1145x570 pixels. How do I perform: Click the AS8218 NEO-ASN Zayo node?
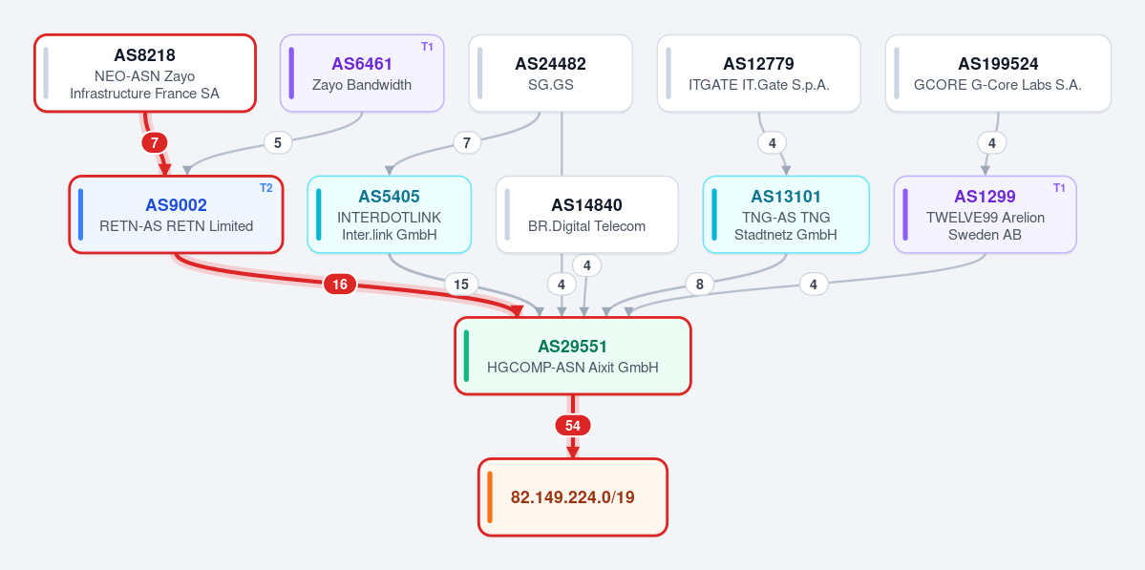pos(145,73)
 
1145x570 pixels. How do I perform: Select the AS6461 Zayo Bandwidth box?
pos(362,73)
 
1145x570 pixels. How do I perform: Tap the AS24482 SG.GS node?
pos(550,73)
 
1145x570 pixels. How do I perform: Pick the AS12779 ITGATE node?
pos(758,73)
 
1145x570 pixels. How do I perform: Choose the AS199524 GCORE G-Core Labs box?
pos(998,73)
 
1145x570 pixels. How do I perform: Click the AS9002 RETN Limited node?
pos(176,215)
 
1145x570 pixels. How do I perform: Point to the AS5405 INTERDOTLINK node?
pos(390,215)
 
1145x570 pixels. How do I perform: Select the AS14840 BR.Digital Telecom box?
pos(587,215)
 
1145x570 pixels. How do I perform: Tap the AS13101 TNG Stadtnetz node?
pos(787,215)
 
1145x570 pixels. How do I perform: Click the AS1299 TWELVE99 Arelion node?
pos(986,215)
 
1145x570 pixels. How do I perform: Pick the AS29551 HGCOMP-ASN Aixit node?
pos(573,356)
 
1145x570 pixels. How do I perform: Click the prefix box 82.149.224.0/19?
pos(573,497)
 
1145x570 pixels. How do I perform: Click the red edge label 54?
pos(573,426)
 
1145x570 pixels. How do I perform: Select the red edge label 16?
pos(340,285)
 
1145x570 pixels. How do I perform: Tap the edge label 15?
pos(461,284)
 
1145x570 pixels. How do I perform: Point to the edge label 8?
pos(700,285)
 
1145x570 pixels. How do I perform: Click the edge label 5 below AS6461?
pos(278,143)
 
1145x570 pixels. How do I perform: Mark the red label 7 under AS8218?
pos(154,143)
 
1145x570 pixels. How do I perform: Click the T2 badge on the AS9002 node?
pos(265,187)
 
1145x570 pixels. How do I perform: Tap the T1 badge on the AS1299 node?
pos(1060,187)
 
